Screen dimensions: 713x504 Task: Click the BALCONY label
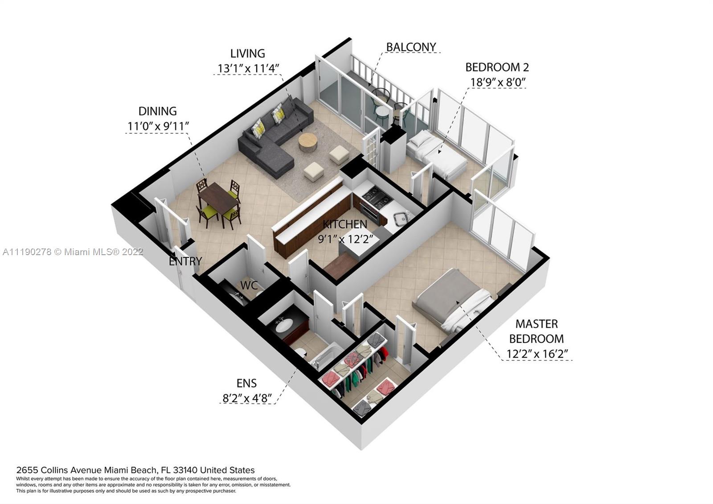(x=411, y=47)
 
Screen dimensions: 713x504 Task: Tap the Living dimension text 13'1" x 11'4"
(x=248, y=68)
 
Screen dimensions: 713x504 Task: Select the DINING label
(x=158, y=111)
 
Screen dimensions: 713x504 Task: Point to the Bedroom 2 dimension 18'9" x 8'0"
(x=498, y=82)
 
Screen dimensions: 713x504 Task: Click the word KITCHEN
(x=345, y=224)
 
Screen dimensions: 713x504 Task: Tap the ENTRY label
(x=185, y=261)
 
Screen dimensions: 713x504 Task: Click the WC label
(x=249, y=285)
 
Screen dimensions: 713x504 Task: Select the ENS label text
(x=247, y=383)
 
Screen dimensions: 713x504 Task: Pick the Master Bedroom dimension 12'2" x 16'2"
(x=537, y=354)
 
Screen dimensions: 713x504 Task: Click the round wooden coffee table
(x=307, y=142)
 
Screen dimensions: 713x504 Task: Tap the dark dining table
(x=218, y=196)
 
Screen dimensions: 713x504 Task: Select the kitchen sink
(x=402, y=218)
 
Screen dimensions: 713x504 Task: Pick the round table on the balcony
(x=381, y=112)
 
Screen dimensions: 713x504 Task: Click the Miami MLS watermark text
(x=73, y=252)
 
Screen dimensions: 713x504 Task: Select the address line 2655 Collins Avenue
(x=135, y=470)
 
